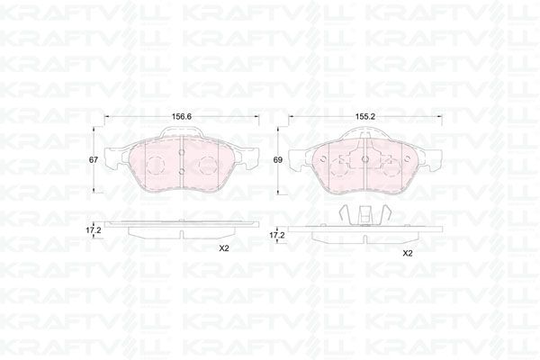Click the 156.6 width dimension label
182,117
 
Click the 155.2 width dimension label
365,117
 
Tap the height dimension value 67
94,160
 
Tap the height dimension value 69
277,160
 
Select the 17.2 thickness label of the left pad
94,230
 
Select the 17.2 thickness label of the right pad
277,235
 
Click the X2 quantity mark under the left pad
224,248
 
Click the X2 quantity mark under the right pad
408,254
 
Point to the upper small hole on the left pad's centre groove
182,152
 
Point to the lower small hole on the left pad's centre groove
182,170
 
